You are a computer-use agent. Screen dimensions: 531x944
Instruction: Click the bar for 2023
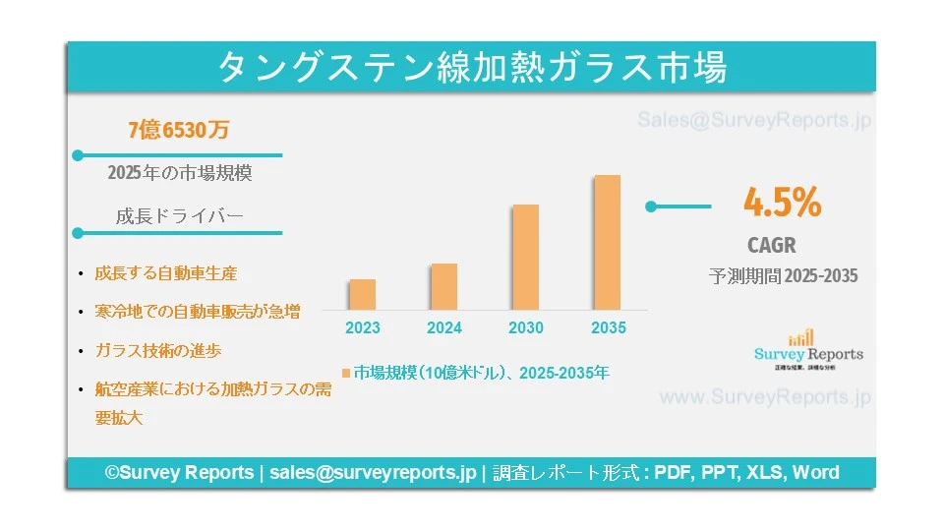[x=362, y=294]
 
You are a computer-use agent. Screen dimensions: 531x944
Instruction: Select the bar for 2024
[x=443, y=286]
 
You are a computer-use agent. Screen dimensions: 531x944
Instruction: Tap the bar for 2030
[x=526, y=257]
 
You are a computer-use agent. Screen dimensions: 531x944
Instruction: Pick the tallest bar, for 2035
[x=608, y=242]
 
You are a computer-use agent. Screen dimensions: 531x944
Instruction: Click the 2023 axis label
[x=362, y=328]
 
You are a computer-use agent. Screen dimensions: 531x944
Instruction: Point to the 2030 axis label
[x=526, y=328]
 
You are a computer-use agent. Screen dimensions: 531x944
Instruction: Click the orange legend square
[x=346, y=374]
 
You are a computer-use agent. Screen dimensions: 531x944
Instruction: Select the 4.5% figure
[x=782, y=204]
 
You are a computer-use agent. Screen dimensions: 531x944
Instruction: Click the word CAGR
[x=772, y=246]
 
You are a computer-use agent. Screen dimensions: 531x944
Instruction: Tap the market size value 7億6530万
[x=179, y=129]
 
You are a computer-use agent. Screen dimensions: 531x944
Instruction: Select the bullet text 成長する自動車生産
[x=166, y=273]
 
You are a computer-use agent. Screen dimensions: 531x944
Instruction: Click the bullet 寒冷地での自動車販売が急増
[x=198, y=312]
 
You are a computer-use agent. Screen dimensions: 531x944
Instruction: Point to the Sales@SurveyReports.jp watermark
[x=754, y=121]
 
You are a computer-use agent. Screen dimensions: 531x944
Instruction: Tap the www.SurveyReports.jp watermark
[x=764, y=398]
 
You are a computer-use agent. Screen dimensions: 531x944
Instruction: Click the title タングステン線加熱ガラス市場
[x=471, y=68]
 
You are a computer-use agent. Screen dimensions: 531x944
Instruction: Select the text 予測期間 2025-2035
[x=783, y=276]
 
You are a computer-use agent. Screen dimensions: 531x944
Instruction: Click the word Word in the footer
[x=816, y=473]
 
